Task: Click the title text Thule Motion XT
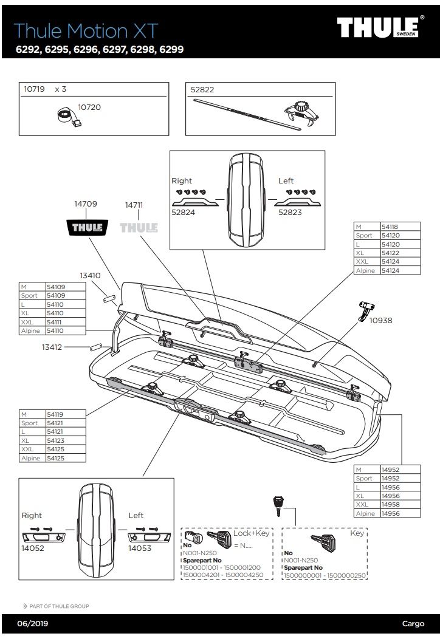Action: tap(85, 30)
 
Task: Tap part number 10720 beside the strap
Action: tap(89, 108)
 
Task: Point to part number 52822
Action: tap(202, 89)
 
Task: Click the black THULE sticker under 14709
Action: tap(86, 228)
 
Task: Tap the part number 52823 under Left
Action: tap(290, 213)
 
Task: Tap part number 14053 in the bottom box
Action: tap(140, 548)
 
